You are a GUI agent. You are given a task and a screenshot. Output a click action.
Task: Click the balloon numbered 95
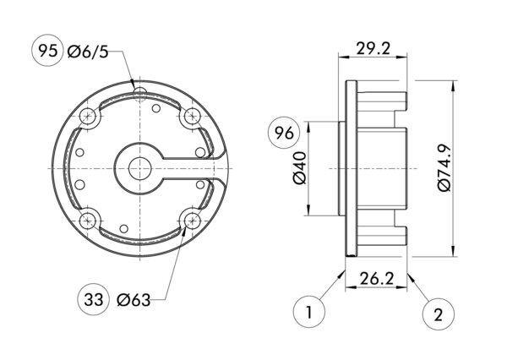[47, 52]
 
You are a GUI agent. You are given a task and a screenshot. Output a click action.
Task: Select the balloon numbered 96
[284, 133]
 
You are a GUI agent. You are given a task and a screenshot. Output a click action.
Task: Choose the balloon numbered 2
[437, 314]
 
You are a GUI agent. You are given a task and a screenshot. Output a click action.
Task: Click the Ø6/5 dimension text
[88, 52]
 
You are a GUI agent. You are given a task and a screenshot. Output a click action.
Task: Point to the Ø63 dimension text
[134, 299]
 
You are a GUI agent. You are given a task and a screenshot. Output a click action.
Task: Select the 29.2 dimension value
[373, 48]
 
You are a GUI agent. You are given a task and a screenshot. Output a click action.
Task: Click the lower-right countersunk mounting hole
[192, 221]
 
